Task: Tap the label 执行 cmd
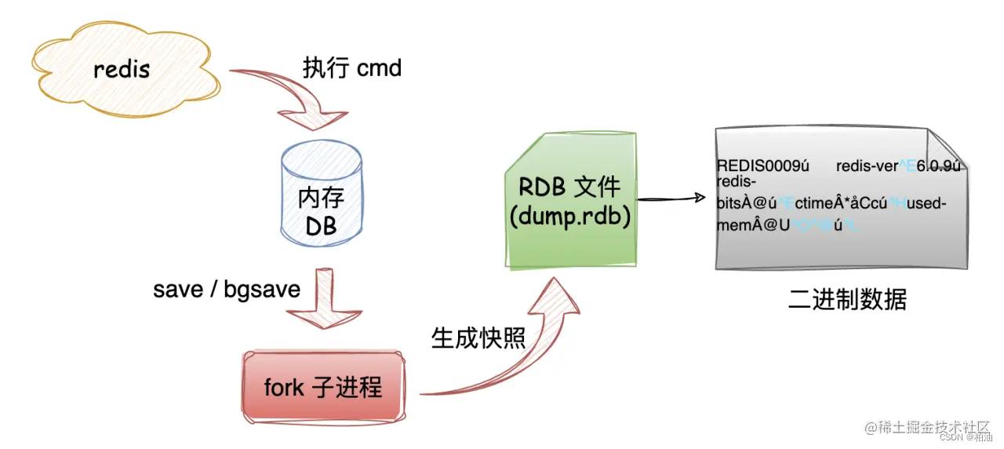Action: (x=352, y=68)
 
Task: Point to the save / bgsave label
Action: (x=227, y=289)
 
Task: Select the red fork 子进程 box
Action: (x=324, y=387)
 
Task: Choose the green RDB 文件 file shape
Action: (x=569, y=201)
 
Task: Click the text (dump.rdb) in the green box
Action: (x=569, y=216)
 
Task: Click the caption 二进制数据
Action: (x=847, y=300)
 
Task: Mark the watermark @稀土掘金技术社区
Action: (x=929, y=426)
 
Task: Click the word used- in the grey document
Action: (x=926, y=204)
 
